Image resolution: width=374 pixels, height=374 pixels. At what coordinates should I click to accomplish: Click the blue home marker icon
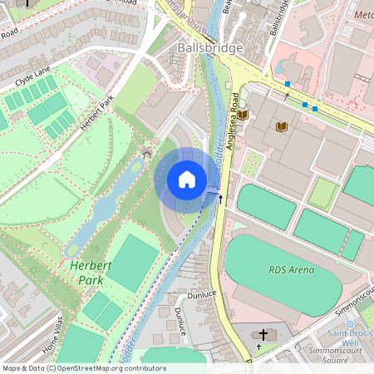tap(186, 180)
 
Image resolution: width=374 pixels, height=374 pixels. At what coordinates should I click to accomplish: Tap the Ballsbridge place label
tap(210, 47)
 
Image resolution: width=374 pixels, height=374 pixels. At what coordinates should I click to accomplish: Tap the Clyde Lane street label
tap(32, 76)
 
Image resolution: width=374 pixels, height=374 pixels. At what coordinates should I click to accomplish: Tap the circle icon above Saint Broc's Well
tap(349, 323)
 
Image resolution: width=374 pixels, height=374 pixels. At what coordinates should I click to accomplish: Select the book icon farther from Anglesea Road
tap(282, 126)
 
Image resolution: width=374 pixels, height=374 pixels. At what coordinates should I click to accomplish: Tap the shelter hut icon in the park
tap(147, 153)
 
